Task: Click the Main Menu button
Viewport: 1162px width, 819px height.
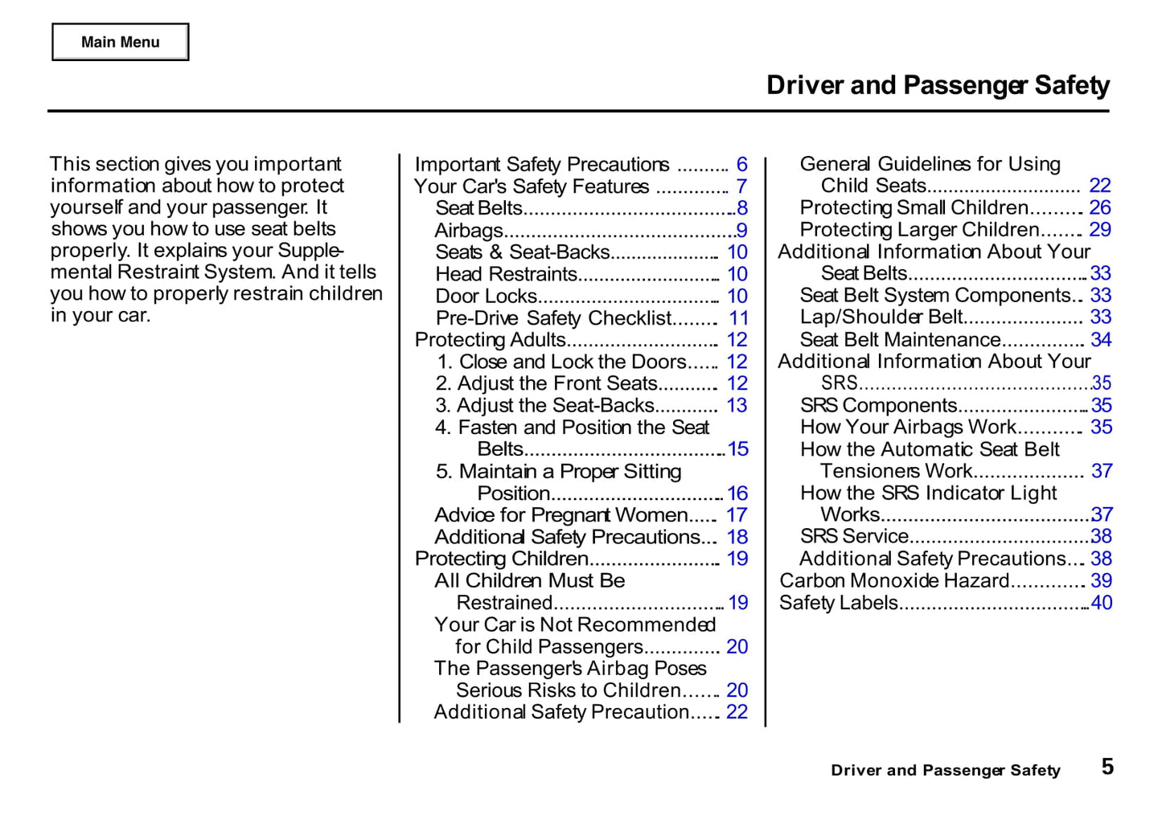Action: [121, 42]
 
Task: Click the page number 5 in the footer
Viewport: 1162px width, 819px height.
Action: [1107, 767]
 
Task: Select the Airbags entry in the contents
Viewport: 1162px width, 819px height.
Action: [469, 231]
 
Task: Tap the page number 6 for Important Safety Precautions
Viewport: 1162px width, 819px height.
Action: [741, 165]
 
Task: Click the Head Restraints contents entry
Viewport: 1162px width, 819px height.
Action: [506, 274]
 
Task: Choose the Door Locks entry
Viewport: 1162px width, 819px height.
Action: [486, 297]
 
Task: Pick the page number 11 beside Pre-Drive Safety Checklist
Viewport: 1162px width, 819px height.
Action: [738, 318]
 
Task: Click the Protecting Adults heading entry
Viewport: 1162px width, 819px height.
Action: [490, 340]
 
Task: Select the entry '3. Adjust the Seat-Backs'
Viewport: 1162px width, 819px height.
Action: [545, 406]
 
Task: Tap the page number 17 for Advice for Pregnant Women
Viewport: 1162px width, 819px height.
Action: [737, 515]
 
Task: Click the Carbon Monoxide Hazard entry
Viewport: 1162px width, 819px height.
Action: [893, 580]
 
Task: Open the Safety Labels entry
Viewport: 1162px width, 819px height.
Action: [838, 603]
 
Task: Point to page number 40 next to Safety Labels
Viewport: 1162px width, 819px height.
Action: [1102, 603]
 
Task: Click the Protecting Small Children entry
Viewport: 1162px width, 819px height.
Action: [914, 208]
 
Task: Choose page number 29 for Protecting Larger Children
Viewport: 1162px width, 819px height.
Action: [1100, 230]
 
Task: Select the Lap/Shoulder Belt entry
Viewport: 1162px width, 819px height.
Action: [881, 317]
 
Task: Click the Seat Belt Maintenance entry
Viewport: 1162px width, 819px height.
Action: [900, 340]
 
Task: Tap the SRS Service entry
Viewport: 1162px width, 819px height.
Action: [854, 536]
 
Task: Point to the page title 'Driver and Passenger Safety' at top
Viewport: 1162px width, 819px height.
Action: [938, 85]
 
